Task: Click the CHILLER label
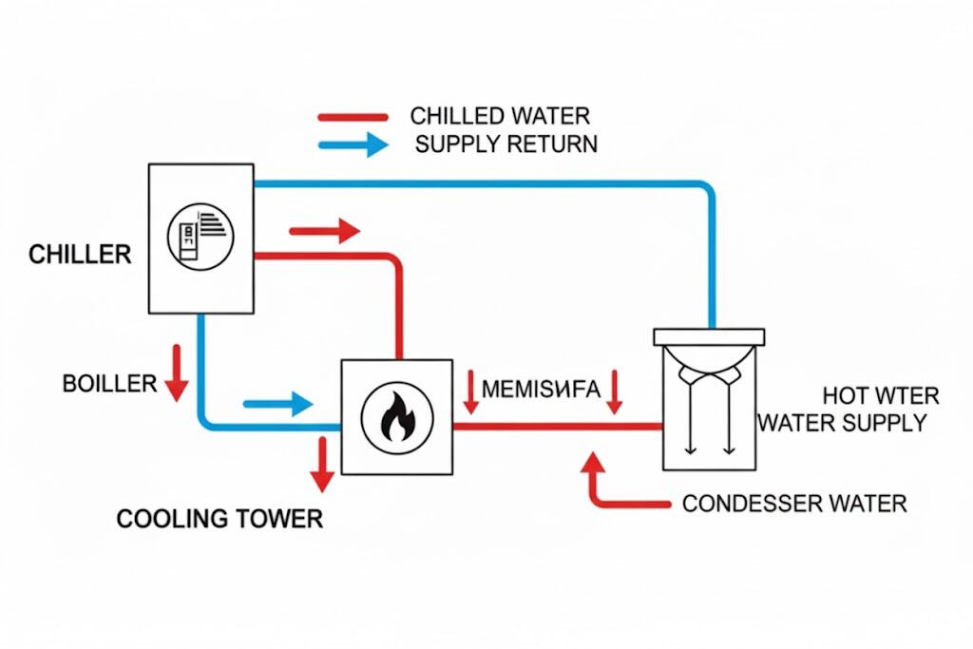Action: point(80,255)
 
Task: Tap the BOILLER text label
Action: point(109,384)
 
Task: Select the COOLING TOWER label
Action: point(219,519)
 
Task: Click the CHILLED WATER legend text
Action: point(500,116)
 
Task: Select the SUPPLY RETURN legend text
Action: point(506,145)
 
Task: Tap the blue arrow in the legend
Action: point(353,145)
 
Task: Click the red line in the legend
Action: point(353,117)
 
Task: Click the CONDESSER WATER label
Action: point(794,503)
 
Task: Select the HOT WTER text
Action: point(881,395)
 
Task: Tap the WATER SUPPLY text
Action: point(842,422)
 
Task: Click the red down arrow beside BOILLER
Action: point(176,372)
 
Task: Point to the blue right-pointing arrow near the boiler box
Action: point(277,404)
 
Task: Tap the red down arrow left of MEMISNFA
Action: point(470,391)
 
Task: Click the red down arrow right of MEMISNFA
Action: point(614,391)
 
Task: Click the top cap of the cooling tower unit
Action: point(710,335)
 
